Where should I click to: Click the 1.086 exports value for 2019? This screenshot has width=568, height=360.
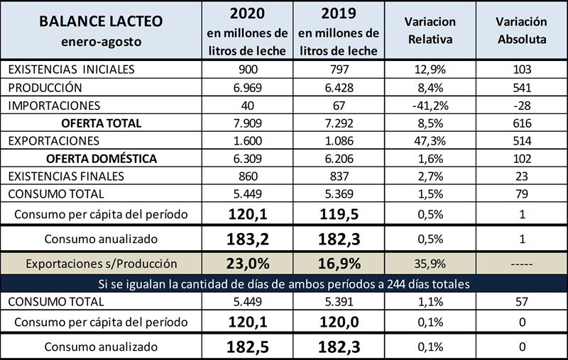tap(338, 140)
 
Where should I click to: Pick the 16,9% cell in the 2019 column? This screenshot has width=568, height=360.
tap(338, 264)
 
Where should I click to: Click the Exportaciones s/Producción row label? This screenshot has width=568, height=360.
tap(101, 264)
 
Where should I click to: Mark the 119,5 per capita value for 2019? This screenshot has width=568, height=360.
tap(338, 213)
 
